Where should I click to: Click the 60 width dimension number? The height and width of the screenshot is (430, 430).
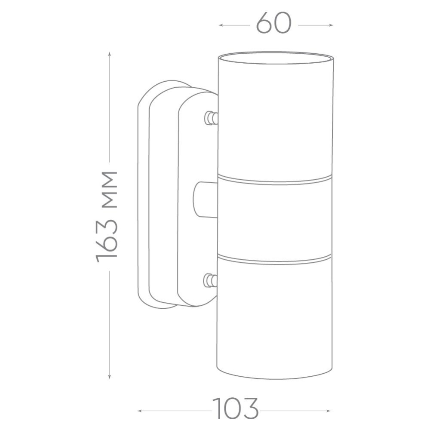point(273,23)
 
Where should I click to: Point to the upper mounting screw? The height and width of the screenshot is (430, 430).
point(211,118)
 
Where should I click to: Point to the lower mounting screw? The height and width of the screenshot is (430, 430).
point(210,280)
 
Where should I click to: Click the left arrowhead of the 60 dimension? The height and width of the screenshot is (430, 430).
point(221,25)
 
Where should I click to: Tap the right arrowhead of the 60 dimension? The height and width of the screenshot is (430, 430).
point(331,25)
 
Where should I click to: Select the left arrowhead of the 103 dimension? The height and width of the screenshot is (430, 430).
point(140,411)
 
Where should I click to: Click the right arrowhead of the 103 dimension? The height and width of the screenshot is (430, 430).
point(329,411)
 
